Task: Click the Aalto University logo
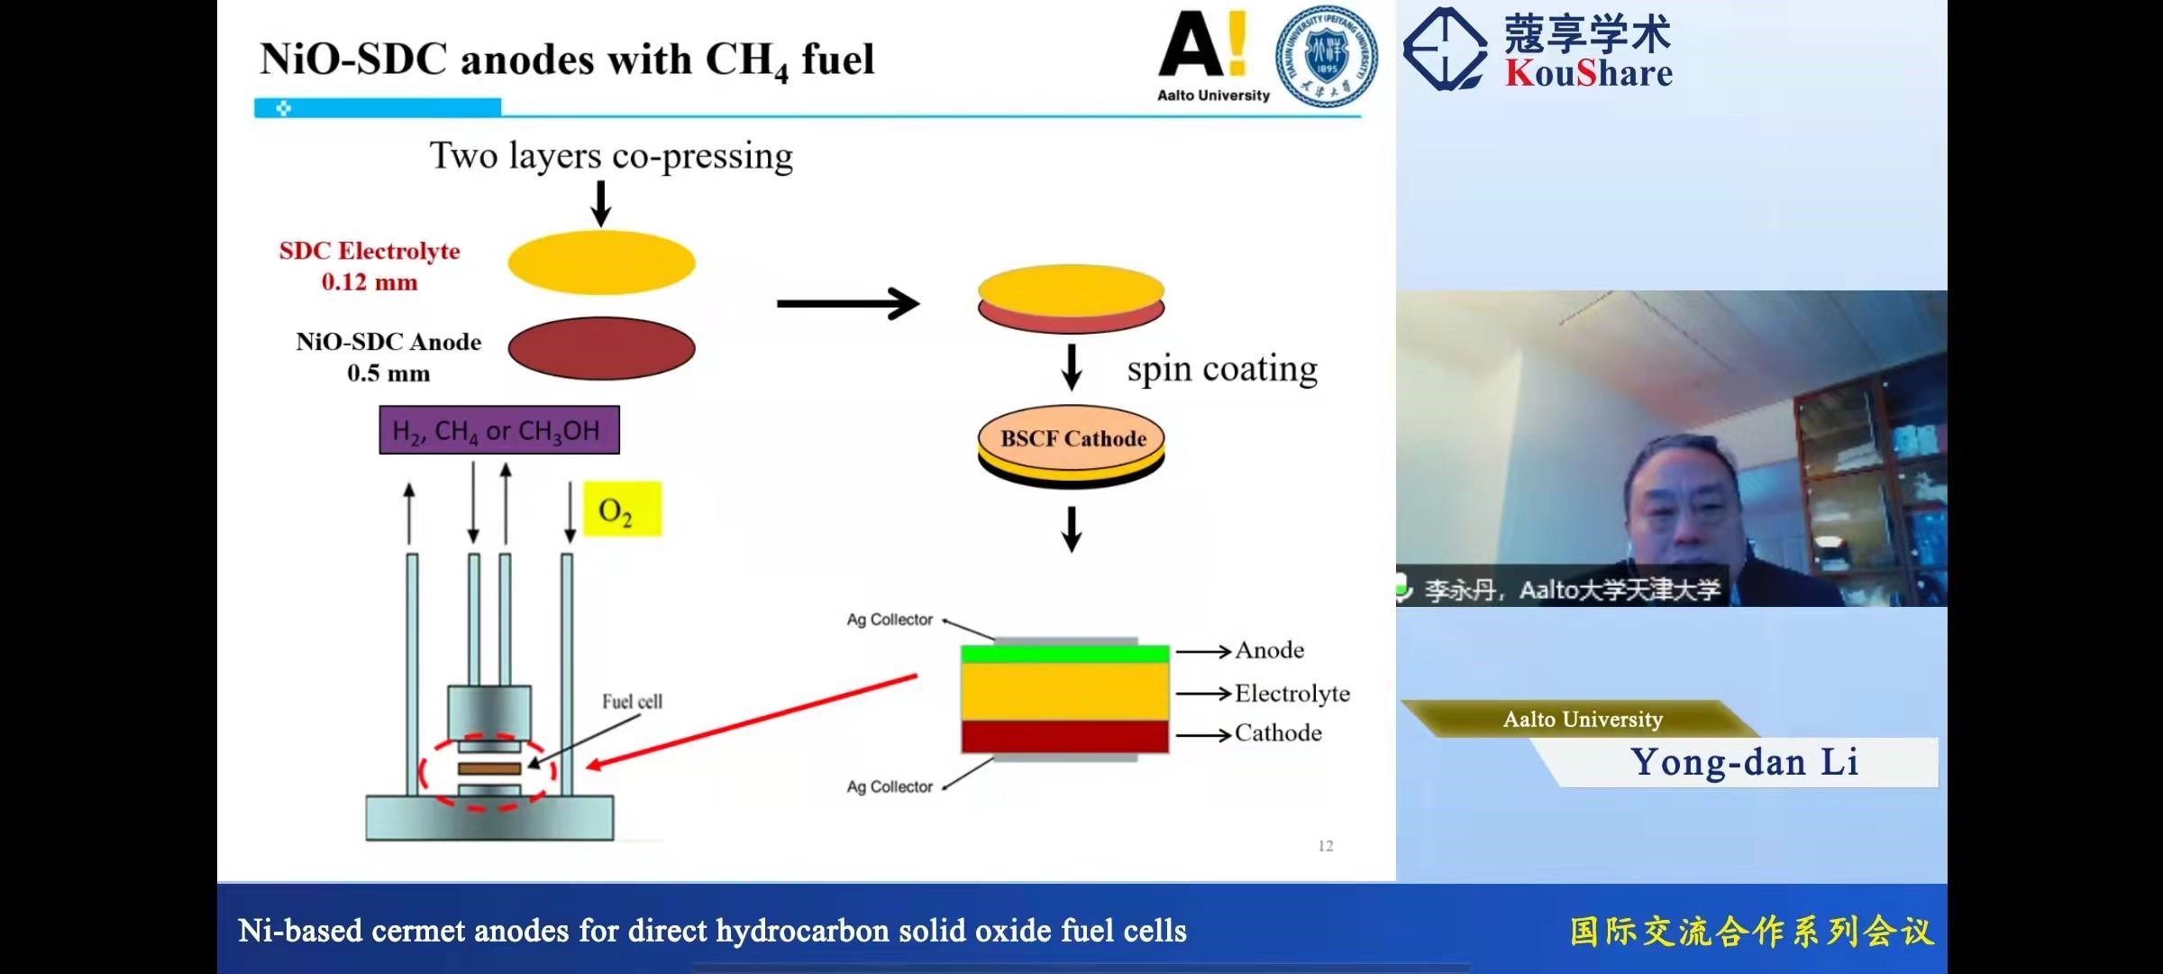(1213, 56)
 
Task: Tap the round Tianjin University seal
(1327, 56)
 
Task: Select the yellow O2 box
(623, 510)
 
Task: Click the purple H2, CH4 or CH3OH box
(499, 430)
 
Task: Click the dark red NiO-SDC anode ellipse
(601, 348)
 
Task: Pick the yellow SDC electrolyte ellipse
(601, 262)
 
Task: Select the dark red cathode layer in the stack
(1065, 737)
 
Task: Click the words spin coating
(1222, 370)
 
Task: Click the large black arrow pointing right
(848, 304)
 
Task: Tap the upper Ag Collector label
(890, 620)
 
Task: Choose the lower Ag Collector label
(890, 786)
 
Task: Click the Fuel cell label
(632, 702)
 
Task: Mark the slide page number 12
(1326, 846)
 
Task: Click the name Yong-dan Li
(1745, 762)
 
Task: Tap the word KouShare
(1589, 72)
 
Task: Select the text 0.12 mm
(370, 282)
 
